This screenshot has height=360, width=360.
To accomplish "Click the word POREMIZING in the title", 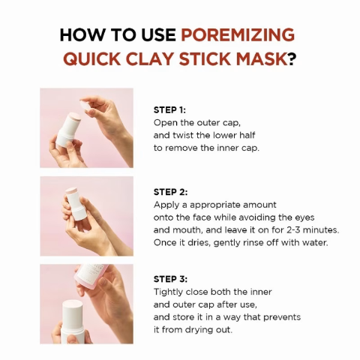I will [238, 35].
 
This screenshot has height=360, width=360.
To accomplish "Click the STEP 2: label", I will [170, 192].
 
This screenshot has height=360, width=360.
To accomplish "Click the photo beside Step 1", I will [86, 127].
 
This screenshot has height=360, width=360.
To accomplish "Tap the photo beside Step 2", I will [86, 216].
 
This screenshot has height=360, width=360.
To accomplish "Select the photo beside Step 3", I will [86, 304].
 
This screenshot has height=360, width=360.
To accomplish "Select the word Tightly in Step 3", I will [170, 291].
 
